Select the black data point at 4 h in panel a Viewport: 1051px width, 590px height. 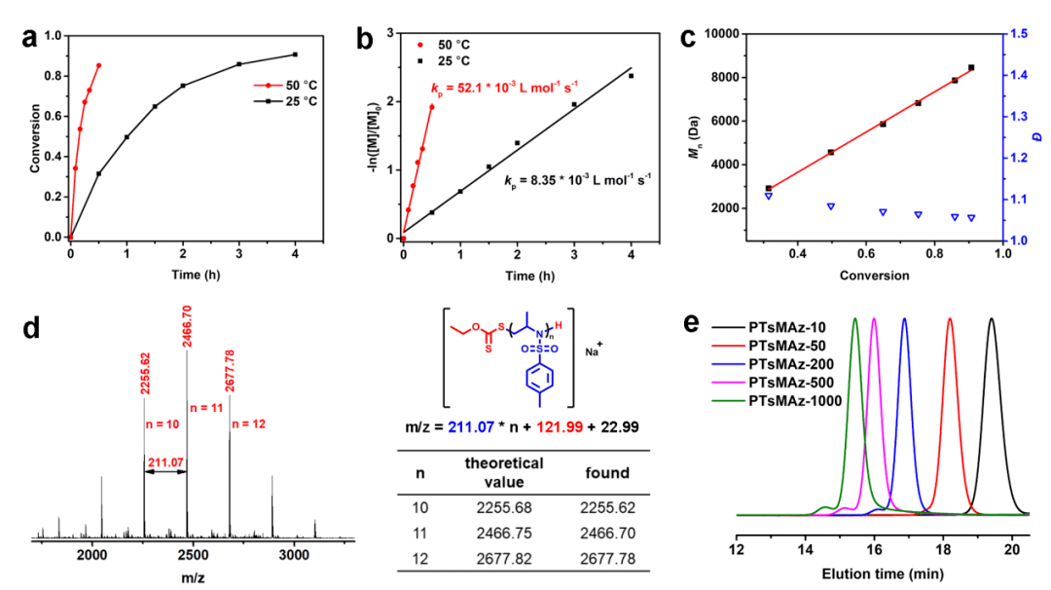pyautogui.click(x=295, y=55)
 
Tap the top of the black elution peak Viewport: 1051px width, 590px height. pyautogui.click(x=992, y=319)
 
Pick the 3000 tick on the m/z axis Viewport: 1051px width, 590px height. pyautogui.click(x=293, y=554)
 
